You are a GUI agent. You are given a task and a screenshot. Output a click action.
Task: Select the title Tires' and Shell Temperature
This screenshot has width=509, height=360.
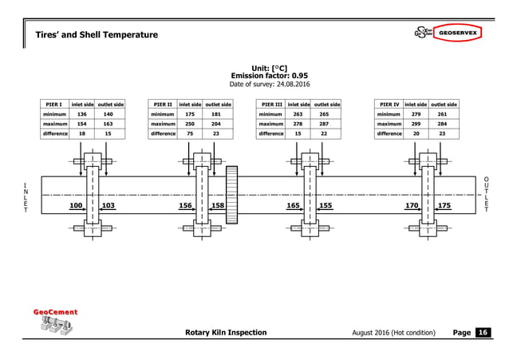pyautogui.click(x=97, y=34)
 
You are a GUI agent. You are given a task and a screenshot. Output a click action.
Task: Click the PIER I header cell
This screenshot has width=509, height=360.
pyautogui.click(x=54, y=105)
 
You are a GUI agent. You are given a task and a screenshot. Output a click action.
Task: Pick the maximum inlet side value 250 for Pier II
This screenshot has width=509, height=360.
pyautogui.click(x=189, y=124)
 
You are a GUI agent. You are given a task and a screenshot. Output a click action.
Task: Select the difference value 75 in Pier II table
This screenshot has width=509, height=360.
pyautogui.click(x=189, y=134)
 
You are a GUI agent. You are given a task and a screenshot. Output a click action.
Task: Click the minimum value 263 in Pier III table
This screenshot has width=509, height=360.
pyautogui.click(x=298, y=114)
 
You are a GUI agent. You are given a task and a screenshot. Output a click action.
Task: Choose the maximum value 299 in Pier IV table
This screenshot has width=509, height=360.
pyautogui.click(x=416, y=124)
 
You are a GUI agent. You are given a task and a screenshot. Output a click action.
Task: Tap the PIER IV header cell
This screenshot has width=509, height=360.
pyautogui.click(x=389, y=105)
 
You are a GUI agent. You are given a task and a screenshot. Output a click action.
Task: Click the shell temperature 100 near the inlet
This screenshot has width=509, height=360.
pyautogui.click(x=77, y=206)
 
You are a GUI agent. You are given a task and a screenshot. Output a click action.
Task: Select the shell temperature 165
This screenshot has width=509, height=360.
pyautogui.click(x=293, y=206)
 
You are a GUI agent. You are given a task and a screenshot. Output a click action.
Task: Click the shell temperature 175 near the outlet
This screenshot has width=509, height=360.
pyautogui.click(x=444, y=206)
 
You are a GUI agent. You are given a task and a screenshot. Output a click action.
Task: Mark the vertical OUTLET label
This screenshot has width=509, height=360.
pyautogui.click(x=486, y=194)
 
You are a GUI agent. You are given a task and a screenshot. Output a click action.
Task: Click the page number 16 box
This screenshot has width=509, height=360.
pyautogui.click(x=483, y=332)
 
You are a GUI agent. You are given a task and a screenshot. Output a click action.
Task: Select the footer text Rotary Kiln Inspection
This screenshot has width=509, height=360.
pyautogui.click(x=226, y=332)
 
